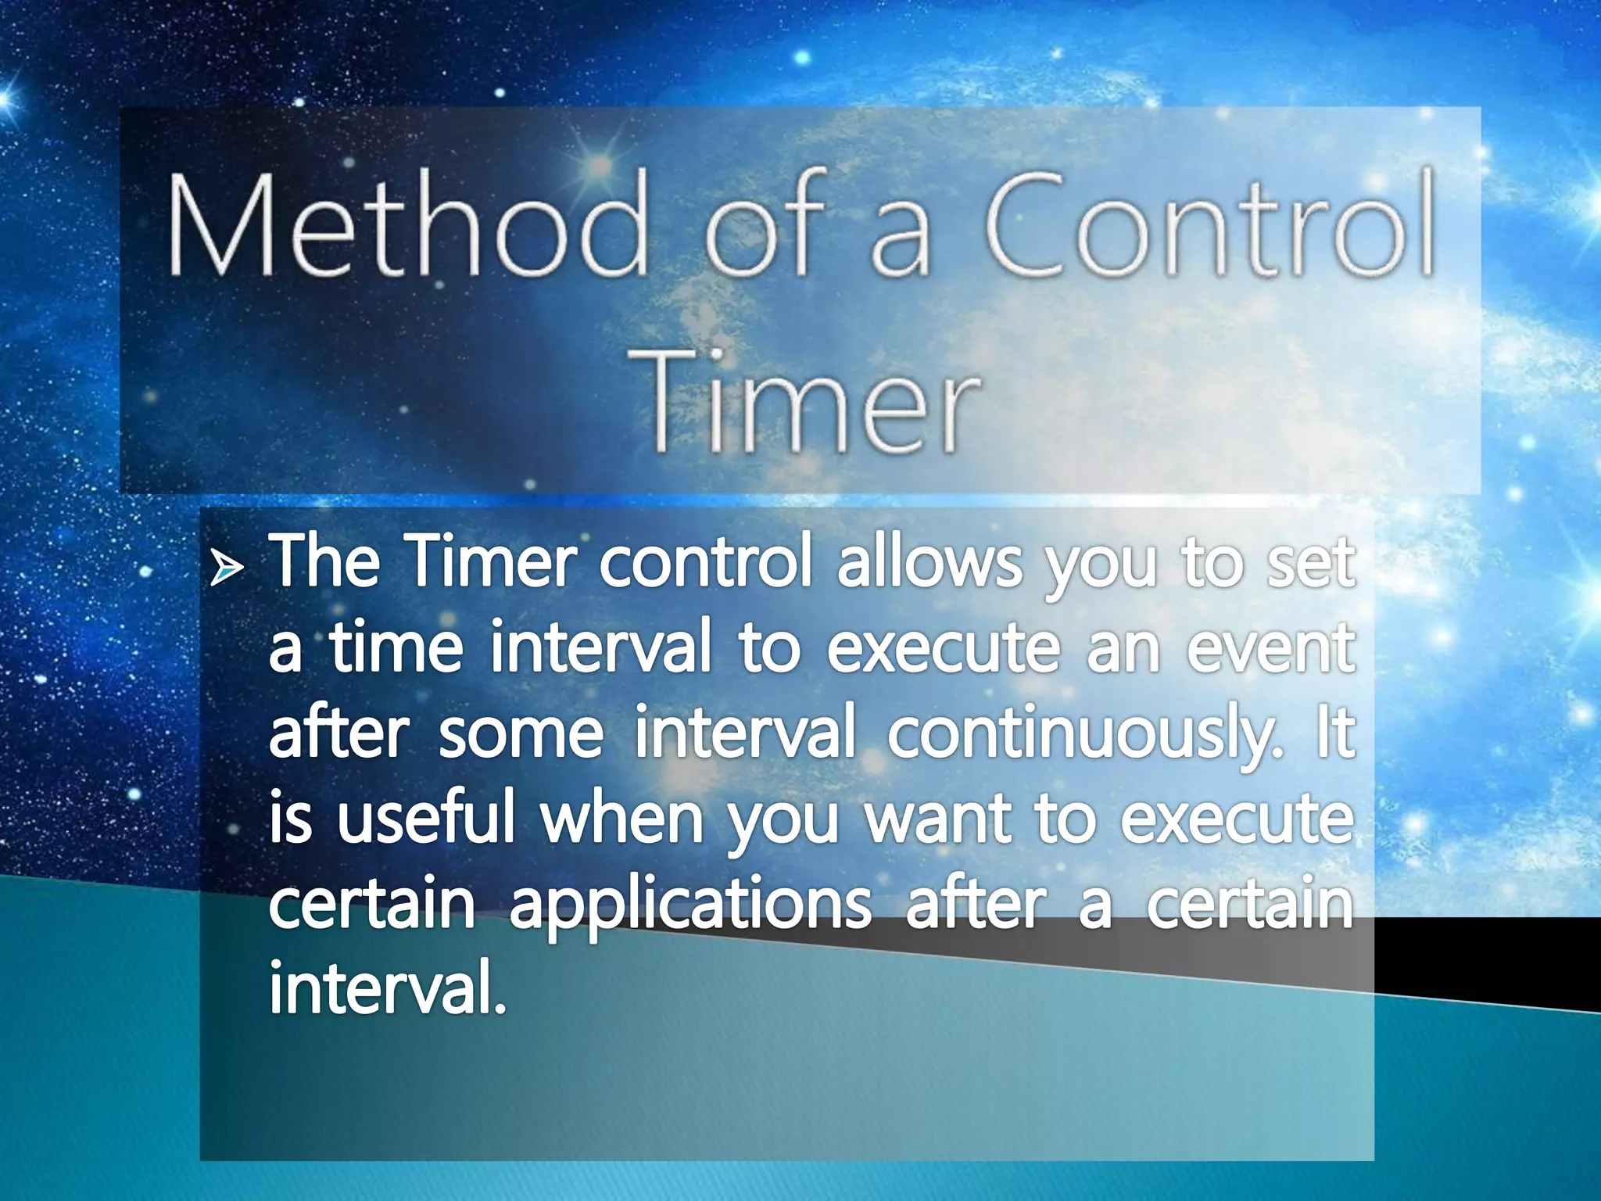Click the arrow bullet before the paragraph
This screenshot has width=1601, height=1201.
pyautogui.click(x=227, y=570)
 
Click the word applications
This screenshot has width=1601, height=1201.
pyautogui.click(x=690, y=907)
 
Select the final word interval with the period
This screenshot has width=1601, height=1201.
pyautogui.click(x=388, y=988)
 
